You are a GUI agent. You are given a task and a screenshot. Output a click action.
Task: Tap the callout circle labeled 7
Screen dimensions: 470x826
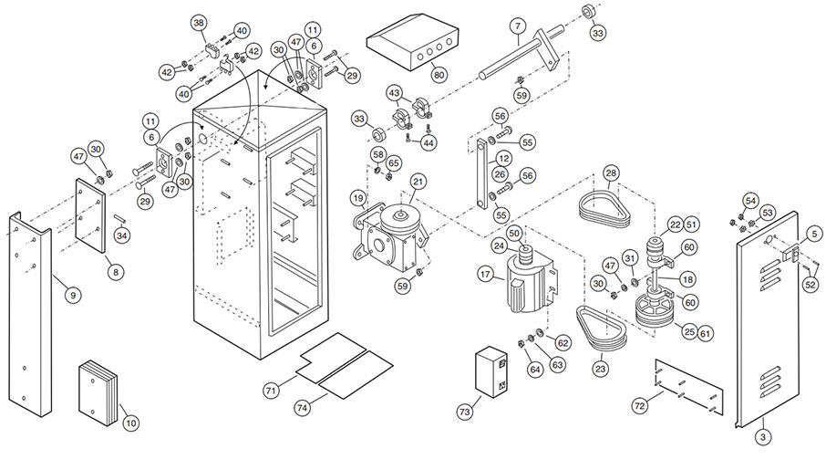517,25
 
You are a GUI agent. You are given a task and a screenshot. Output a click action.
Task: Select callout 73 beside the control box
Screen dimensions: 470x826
466,412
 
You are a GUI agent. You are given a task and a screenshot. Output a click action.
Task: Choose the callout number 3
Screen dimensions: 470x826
762,437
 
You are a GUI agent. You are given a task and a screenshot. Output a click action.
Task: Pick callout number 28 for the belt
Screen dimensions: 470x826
611,172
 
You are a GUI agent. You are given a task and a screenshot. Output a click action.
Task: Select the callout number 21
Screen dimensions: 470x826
418,181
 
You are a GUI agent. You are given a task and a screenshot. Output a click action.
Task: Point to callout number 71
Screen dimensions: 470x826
271,390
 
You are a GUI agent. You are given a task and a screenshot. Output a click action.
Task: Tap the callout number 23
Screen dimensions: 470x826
600,369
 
